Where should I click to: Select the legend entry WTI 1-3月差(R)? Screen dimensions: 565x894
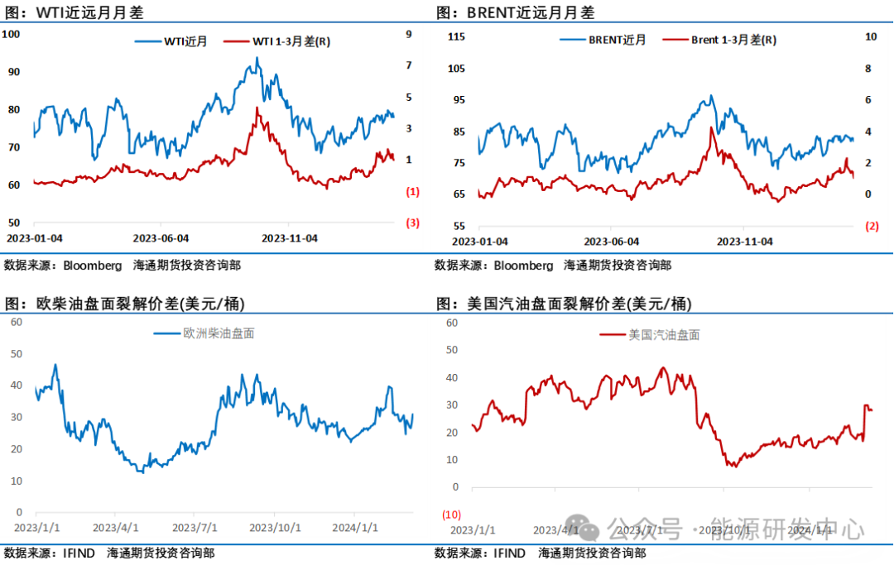point(291,41)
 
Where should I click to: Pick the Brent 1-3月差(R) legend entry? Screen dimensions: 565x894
point(733,40)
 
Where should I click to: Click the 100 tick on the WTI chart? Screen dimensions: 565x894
point(12,34)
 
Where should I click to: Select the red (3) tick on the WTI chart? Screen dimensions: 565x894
point(412,223)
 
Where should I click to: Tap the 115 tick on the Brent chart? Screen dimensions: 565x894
point(456,36)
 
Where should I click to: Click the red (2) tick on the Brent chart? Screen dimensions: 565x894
point(872,226)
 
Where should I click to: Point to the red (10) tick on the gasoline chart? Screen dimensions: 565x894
point(451,515)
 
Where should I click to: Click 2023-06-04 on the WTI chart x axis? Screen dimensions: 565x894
point(161,238)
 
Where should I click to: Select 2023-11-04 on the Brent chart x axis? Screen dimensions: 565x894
point(744,242)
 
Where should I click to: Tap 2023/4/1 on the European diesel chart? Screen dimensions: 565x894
point(115,527)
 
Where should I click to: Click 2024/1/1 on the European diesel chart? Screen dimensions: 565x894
point(355,527)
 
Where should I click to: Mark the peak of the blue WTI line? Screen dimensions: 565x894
point(257,58)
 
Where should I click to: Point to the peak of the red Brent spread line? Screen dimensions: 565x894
point(711,127)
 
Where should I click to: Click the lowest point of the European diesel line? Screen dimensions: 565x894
point(142,472)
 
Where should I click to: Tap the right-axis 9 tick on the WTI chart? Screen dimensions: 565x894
point(408,34)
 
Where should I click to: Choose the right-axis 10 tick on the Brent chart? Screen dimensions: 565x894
point(870,36)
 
